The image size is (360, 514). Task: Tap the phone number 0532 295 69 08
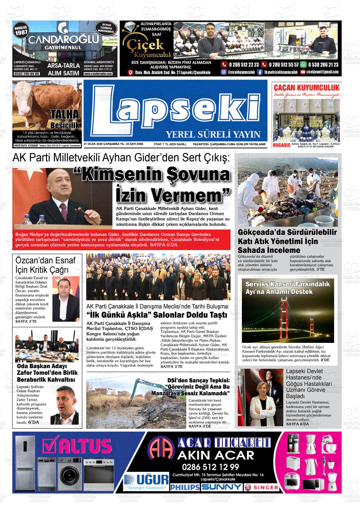27,74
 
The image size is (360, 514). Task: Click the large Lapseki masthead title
175,109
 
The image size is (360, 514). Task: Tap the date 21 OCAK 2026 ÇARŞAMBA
102,144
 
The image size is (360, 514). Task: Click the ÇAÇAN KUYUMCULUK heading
306,87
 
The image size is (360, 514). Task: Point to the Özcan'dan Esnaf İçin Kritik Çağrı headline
46,265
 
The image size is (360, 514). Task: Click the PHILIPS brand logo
185,487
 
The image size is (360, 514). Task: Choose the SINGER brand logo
261,487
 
